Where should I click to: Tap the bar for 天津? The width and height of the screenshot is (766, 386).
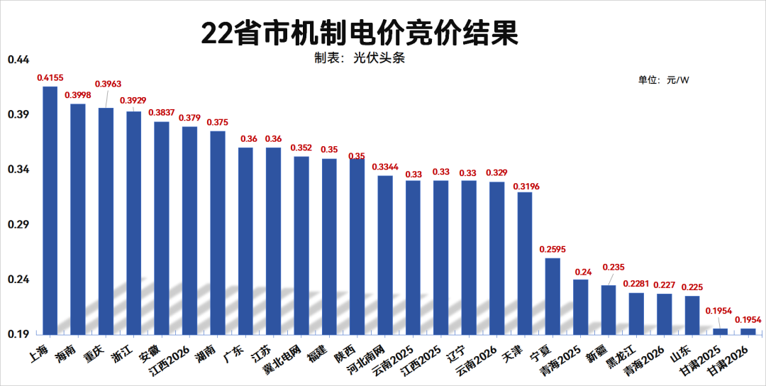click(x=525, y=263)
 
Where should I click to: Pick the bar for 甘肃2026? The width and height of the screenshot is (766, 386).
click(x=748, y=331)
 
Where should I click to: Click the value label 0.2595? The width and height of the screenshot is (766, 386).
click(x=553, y=249)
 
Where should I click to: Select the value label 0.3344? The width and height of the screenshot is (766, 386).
click(x=385, y=167)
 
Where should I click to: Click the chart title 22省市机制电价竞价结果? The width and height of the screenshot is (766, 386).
click(x=360, y=33)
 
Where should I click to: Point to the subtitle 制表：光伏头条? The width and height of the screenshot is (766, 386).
click(x=360, y=58)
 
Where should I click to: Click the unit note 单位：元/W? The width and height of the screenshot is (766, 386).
click(x=663, y=80)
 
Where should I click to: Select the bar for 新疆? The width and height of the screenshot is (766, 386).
click(x=609, y=309)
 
